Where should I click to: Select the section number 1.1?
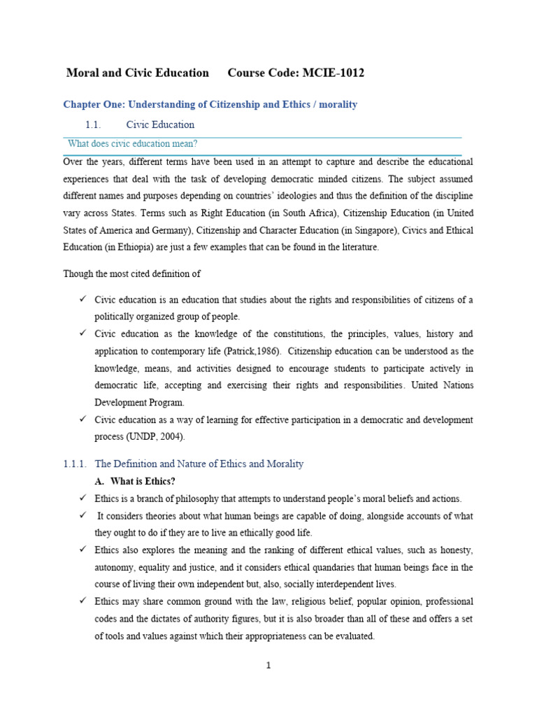click(x=94, y=124)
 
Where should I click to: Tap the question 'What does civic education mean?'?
click(x=133, y=144)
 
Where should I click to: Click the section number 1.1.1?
click(x=74, y=464)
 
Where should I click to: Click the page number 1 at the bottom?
click(x=268, y=665)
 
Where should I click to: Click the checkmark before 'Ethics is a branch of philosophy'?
click(x=82, y=498)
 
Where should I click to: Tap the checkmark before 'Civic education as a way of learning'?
click(x=82, y=419)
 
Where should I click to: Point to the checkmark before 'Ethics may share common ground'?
click(x=82, y=601)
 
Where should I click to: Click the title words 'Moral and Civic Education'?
click(x=137, y=73)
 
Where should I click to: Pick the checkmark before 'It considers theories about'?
click(x=82, y=515)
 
